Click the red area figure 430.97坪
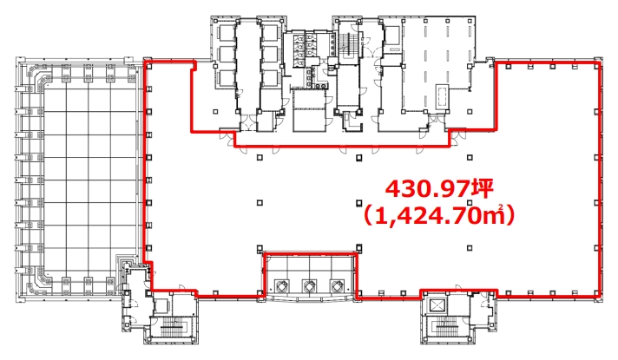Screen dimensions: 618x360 (439, 189)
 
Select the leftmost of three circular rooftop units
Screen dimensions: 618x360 (281, 285)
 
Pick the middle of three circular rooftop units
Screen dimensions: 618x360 (309, 285)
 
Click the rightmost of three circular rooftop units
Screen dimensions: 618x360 (337, 285)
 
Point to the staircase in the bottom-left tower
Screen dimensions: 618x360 (174, 325)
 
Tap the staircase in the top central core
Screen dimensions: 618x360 (347, 44)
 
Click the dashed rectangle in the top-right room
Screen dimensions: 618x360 (442, 96)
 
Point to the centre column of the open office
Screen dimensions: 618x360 (358, 203)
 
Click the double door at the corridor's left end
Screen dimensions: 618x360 (227, 137)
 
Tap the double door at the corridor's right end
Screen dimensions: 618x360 (458, 137)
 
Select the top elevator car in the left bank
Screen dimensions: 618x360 (225, 33)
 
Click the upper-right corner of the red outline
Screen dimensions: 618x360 (600, 62)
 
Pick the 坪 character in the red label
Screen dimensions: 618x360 (483, 189)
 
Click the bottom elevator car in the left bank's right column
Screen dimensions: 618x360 (271, 78)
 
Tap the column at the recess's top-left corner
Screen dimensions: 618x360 (260, 248)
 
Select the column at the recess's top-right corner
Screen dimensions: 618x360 (359, 248)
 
